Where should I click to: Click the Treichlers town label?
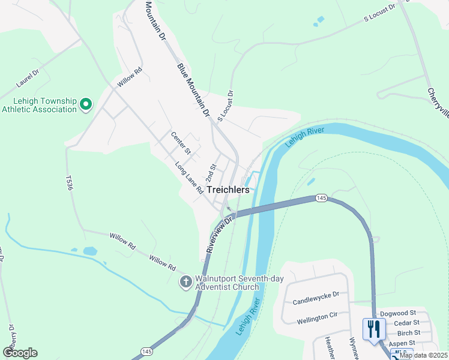pyautogui.click(x=228, y=189)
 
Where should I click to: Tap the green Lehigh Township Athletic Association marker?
pyautogui.click(x=85, y=105)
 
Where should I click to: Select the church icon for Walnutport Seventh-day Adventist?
pyautogui.click(x=186, y=281)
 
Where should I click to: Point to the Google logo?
pyautogui.click(x=20, y=353)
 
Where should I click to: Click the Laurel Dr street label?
pyautogui.click(x=28, y=79)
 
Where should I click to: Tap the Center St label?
pyautogui.click(x=180, y=143)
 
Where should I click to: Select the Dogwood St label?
pyautogui.click(x=398, y=313)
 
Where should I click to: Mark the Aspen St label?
pyautogui.click(x=402, y=343)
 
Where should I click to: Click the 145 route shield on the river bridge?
pyautogui.click(x=321, y=198)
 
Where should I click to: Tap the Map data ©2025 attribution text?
pyautogui.click(x=423, y=355)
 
